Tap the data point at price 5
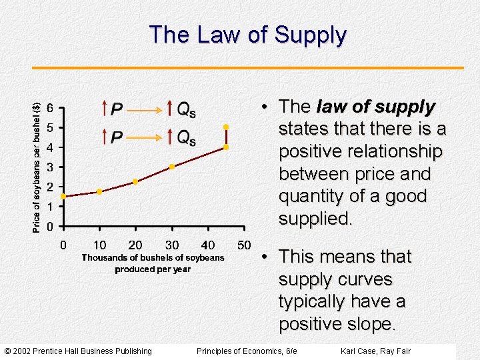click(x=226, y=127)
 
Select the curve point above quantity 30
click(x=171, y=167)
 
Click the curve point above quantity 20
click(x=135, y=181)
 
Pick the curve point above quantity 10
click(x=99, y=191)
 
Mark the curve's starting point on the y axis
click(x=63, y=197)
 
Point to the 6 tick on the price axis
click(x=51, y=108)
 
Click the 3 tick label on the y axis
click(x=51, y=167)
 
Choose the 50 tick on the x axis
click(x=244, y=245)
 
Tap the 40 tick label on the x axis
click(x=208, y=245)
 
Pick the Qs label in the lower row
click(x=185, y=137)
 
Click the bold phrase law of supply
click(x=375, y=107)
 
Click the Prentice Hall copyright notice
click(x=78, y=351)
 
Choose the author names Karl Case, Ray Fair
click(x=375, y=351)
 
